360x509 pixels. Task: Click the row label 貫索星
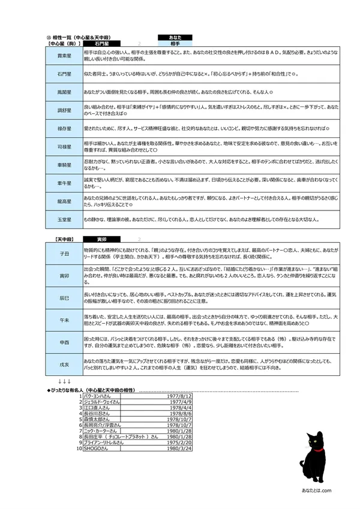64,55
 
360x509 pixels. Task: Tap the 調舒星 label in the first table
64,111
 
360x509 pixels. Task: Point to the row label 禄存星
64,129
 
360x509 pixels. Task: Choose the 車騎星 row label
64,165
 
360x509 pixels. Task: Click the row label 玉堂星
64,220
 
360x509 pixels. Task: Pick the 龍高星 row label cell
64,201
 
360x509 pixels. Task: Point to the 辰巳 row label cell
64,297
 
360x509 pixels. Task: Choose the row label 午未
64,320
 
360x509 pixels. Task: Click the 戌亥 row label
64,363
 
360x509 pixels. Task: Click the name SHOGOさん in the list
97,448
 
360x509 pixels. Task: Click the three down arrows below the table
64,381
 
